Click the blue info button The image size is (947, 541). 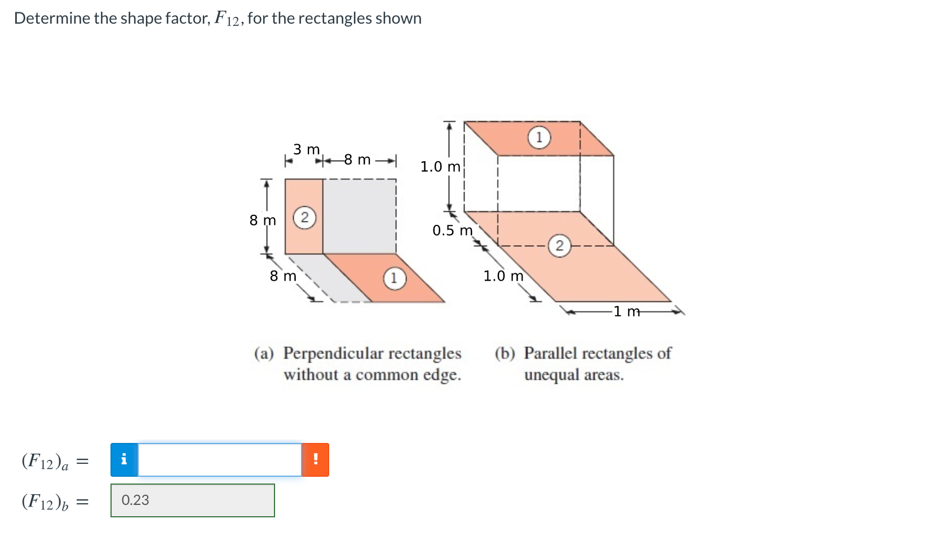(124, 460)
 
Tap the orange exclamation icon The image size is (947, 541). (315, 460)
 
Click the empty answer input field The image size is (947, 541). (220, 460)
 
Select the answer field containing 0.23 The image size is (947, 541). (192, 500)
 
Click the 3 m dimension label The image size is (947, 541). (306, 149)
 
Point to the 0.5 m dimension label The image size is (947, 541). (452, 230)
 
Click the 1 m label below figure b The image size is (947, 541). (626, 312)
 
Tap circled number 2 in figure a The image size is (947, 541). (304, 218)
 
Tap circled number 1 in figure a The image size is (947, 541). (394, 278)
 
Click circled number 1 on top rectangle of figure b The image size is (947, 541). (539, 137)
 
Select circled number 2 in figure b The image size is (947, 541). (559, 246)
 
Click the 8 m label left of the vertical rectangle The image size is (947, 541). (263, 220)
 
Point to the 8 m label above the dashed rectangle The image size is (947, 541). (357, 160)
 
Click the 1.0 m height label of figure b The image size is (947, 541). (440, 167)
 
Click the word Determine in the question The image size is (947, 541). (52, 18)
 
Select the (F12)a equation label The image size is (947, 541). (45, 461)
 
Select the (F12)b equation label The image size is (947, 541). (45, 501)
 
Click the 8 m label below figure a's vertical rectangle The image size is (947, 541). (282, 276)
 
